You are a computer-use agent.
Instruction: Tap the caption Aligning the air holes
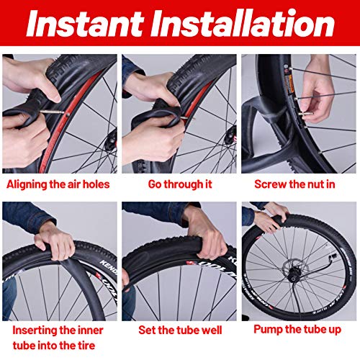click(x=58, y=184)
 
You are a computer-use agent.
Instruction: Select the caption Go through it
click(x=180, y=184)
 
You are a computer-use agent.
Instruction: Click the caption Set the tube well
click(x=180, y=330)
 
